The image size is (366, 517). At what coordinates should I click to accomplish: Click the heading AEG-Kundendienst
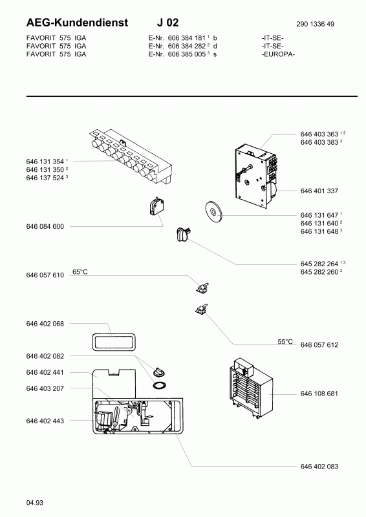(77, 23)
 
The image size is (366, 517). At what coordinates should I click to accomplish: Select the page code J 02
(167, 23)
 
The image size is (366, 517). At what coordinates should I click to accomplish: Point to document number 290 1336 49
(315, 24)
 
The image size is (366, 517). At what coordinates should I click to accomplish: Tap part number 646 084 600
(45, 227)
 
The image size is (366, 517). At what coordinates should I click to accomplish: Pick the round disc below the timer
(213, 211)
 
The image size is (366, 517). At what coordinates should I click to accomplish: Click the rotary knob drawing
(183, 235)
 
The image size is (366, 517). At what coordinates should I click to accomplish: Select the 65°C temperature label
(80, 272)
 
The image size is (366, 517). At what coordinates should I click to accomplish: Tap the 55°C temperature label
(285, 342)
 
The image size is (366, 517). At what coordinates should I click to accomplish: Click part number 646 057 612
(319, 345)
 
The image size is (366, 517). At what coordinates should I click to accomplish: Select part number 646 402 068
(45, 324)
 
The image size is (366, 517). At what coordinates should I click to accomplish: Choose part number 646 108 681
(319, 394)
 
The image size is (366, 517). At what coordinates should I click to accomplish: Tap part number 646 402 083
(319, 467)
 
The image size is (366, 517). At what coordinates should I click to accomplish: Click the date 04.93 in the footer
(35, 503)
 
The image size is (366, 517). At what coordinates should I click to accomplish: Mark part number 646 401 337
(319, 191)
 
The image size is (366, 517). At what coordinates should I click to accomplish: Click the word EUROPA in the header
(278, 54)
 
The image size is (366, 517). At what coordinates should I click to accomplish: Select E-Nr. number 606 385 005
(187, 54)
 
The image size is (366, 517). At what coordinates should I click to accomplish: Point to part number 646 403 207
(45, 388)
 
